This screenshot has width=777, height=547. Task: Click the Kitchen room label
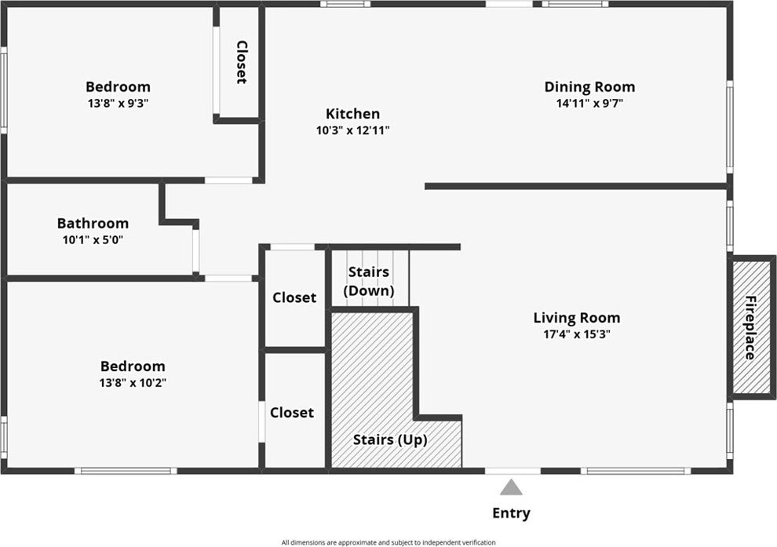[x=353, y=114]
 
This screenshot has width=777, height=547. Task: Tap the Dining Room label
[x=589, y=87]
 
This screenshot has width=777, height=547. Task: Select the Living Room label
[x=577, y=318]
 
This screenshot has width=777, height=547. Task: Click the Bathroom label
[x=93, y=224]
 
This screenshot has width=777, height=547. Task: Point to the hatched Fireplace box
[x=751, y=326]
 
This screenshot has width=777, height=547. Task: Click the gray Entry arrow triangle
[x=512, y=487]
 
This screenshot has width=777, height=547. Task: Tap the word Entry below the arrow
[x=511, y=513]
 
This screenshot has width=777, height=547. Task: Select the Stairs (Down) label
[x=369, y=282]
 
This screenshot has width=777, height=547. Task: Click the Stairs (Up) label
[x=390, y=439]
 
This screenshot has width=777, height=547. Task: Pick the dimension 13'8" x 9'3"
[x=119, y=103]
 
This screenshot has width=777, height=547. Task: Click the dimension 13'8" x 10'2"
[x=133, y=383]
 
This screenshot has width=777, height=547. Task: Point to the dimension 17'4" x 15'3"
[x=577, y=334]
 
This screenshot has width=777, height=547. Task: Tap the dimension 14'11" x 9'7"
[x=589, y=103]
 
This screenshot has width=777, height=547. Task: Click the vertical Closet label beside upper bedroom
[x=242, y=63]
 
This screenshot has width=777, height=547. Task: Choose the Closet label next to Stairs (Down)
[x=294, y=297]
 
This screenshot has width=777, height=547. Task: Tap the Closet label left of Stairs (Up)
[x=292, y=412]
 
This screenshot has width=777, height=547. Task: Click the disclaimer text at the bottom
[x=388, y=542]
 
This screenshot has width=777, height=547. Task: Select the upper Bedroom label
[x=119, y=87]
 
